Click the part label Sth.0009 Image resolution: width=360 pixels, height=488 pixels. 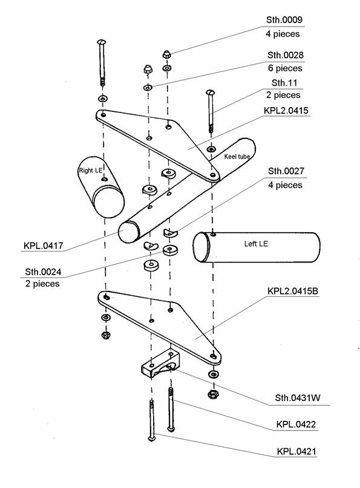284,20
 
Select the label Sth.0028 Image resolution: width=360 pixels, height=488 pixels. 285,55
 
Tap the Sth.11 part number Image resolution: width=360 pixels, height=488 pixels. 284,83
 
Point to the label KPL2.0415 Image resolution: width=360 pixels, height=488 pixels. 286,111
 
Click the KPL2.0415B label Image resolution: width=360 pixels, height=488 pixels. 293,291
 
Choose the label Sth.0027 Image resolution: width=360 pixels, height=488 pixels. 286,171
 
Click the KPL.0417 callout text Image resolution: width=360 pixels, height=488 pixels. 44,246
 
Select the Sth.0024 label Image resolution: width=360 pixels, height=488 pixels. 43,272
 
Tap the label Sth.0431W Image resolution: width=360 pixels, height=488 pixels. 298,398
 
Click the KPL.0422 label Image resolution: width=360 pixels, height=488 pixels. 296,424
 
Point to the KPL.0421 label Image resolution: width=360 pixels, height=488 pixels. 296,451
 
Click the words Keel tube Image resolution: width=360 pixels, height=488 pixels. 237,157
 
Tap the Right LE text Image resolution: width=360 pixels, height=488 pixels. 91,171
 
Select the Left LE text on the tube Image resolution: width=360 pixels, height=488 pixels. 256,244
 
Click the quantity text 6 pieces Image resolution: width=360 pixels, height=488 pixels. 285,68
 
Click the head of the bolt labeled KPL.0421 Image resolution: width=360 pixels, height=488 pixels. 152,438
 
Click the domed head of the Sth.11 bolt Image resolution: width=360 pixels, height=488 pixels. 210,92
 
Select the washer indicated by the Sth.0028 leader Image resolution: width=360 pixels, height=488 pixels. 148,88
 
